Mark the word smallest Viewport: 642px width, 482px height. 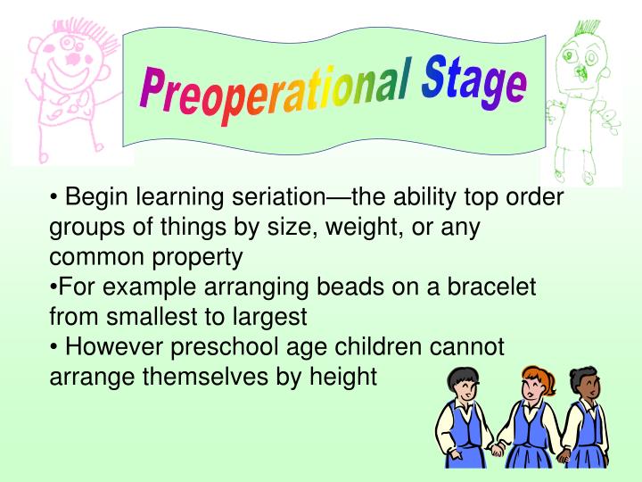[x=153, y=317]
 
